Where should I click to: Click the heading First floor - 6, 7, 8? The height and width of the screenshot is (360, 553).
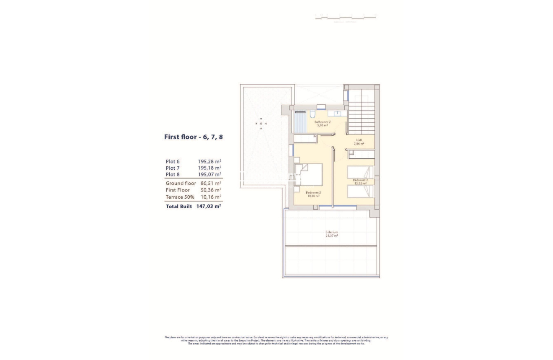(x=193, y=137)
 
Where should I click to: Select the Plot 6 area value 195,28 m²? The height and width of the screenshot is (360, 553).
(x=209, y=161)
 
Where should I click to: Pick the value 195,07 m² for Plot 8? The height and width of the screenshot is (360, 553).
(x=209, y=174)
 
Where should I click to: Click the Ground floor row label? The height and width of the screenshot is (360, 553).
(x=181, y=184)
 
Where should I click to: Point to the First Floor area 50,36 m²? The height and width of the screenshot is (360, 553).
(x=211, y=190)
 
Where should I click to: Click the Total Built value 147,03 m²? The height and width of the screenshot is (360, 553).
(x=208, y=207)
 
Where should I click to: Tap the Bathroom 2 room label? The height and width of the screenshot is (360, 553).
(x=322, y=122)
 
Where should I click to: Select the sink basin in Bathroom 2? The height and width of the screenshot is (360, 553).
(x=337, y=113)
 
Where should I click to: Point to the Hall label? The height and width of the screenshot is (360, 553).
(x=359, y=140)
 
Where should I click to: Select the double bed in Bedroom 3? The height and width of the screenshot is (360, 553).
(x=310, y=175)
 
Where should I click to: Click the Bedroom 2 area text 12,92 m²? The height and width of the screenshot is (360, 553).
(x=360, y=184)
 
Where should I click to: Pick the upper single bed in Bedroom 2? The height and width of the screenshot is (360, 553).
(x=359, y=172)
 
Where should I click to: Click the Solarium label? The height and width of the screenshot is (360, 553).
(x=331, y=232)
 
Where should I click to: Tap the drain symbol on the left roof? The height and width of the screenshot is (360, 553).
(x=261, y=124)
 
